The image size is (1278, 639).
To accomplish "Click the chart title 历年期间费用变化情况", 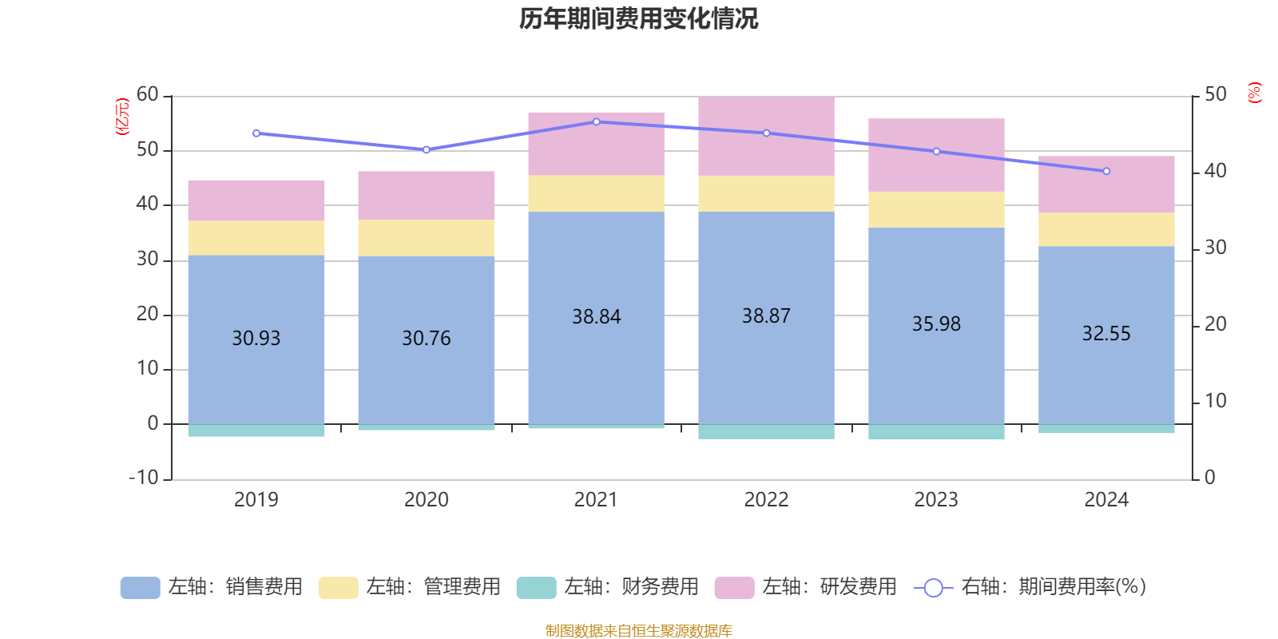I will point(638,18).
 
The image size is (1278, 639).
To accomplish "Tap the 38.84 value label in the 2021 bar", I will point(596,317).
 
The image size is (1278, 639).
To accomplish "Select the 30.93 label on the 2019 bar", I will point(256,339).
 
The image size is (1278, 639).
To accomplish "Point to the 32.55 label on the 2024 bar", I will point(1106,334).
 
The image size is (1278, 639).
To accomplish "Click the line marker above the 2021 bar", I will point(596,122).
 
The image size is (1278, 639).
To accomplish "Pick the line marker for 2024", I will point(1106,171).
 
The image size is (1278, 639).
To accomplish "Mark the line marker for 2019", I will point(256,133).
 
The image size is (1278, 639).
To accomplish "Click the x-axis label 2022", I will point(766,500).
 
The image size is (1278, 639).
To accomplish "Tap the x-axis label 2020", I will point(426,500).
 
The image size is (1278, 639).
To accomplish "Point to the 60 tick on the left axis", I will point(148,95).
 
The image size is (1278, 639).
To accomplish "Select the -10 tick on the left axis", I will point(144,478).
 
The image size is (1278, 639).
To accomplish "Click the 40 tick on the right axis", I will point(1215,171).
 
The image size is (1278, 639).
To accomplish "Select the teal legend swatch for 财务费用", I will point(536,588).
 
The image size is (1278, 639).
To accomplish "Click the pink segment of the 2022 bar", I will point(766,137).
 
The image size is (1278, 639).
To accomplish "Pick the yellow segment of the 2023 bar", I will point(936,209).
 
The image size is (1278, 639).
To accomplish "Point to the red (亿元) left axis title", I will point(122,117).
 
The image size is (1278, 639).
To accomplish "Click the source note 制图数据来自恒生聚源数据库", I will point(638,631).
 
